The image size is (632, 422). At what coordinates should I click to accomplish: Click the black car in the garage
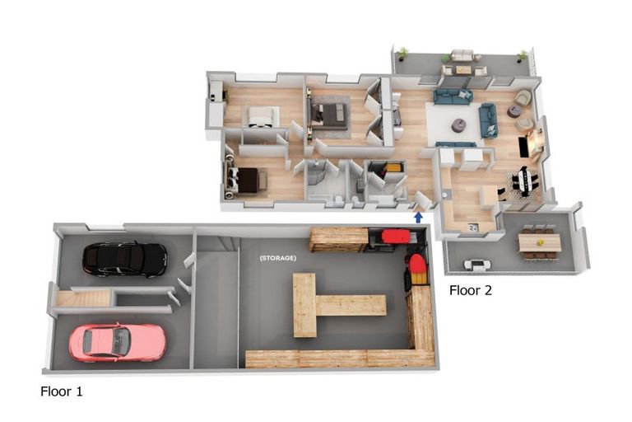(x=125, y=260)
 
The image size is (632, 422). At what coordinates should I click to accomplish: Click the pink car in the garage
(x=118, y=342)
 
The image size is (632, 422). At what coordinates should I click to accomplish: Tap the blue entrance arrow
(x=418, y=218)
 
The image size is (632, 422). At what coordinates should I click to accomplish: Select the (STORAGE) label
(x=278, y=258)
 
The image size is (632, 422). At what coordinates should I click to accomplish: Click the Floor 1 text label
(x=61, y=392)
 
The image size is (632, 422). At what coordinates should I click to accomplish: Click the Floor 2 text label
(x=471, y=290)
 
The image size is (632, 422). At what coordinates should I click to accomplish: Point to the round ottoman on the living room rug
(x=459, y=125)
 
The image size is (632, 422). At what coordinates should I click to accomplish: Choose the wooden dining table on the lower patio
(x=539, y=243)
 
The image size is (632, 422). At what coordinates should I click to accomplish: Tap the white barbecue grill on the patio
(x=477, y=265)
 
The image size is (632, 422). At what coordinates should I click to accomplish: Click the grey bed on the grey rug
(x=328, y=115)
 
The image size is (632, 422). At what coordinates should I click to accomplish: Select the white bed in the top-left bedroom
(x=261, y=117)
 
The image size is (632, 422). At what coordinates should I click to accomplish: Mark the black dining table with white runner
(x=525, y=181)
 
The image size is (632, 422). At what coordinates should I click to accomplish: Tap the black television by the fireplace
(x=523, y=147)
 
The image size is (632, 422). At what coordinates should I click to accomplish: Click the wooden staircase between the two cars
(x=83, y=298)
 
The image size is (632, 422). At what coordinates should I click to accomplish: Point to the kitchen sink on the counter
(x=473, y=227)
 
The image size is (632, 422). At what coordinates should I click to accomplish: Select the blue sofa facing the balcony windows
(x=453, y=97)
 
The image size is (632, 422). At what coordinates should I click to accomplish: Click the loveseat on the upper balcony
(x=462, y=55)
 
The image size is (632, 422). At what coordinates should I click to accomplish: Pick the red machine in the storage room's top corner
(x=395, y=237)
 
